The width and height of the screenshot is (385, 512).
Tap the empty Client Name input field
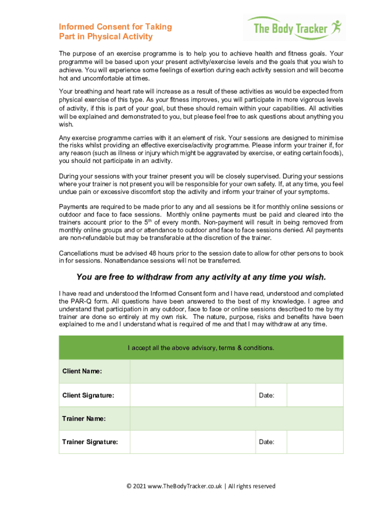(236, 371)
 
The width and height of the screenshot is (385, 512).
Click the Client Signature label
(88, 395)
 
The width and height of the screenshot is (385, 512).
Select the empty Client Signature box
(192, 395)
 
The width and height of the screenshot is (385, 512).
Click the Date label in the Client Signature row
(266, 395)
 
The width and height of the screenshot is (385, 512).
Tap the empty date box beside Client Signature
(315, 395)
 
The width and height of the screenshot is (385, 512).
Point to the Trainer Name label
(83, 419)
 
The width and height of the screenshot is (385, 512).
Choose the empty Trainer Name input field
(236, 419)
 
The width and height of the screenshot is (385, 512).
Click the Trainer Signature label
(90, 442)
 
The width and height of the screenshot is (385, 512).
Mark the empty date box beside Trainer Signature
(315, 442)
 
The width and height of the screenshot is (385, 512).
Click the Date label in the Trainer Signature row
(266, 442)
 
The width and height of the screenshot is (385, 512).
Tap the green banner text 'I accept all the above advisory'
(201, 348)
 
